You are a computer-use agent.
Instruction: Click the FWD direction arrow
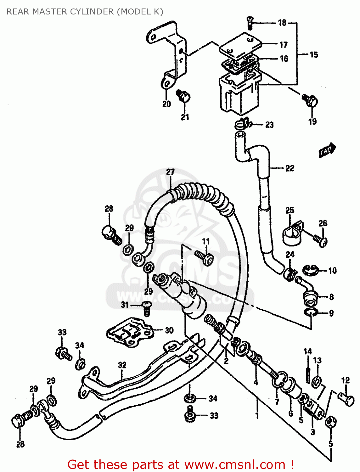[x=327, y=150]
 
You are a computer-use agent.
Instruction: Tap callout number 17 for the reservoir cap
[x=284, y=45]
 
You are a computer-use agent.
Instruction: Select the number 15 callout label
[x=314, y=55]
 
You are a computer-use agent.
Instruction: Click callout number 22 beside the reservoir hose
[x=290, y=168]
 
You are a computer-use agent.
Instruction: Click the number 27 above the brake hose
[x=170, y=172]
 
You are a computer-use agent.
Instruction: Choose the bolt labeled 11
[x=205, y=258]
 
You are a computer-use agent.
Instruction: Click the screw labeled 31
[x=146, y=308]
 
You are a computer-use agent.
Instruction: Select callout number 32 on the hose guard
[x=122, y=365]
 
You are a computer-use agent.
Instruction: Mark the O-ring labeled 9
[x=310, y=312]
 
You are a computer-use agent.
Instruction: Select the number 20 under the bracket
[x=166, y=104]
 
